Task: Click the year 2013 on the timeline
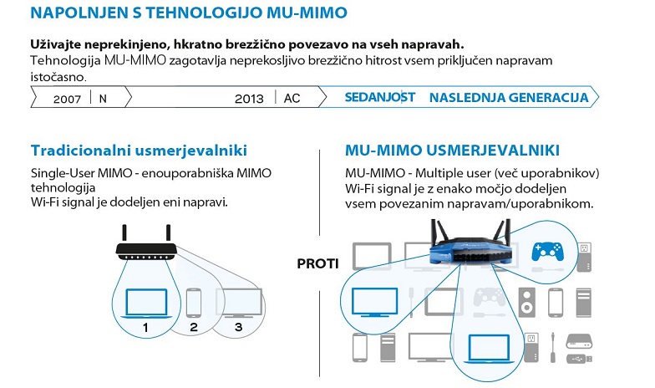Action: pyautogui.click(x=249, y=98)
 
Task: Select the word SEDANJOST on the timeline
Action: pyautogui.click(x=380, y=97)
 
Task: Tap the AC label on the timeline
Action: pyautogui.click(x=292, y=98)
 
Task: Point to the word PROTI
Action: pyautogui.click(x=318, y=264)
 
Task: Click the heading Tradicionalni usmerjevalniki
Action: pyautogui.click(x=139, y=151)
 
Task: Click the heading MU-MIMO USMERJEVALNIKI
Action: pyautogui.click(x=452, y=151)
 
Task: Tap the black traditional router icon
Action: pyautogui.click(x=147, y=245)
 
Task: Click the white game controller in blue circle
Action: pyautogui.click(x=548, y=248)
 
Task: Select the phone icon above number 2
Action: pyautogui.click(x=193, y=301)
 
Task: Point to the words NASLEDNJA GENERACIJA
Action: pyautogui.click(x=509, y=97)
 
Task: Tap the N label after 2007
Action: pyautogui.click(x=103, y=98)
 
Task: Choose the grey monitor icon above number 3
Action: pyautogui.click(x=235, y=301)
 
